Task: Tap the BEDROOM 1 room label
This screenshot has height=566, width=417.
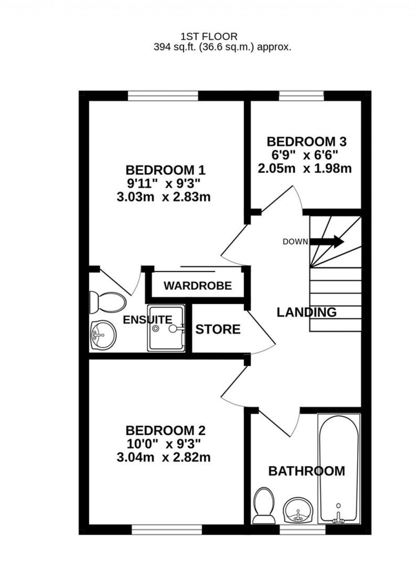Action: point(165,170)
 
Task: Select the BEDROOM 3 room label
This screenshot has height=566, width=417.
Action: point(306,142)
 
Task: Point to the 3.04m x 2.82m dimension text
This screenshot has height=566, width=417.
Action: point(163,457)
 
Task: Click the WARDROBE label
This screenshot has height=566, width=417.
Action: point(198,286)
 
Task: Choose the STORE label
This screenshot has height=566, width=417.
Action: point(218,329)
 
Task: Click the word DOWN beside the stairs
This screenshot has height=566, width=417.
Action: point(295,242)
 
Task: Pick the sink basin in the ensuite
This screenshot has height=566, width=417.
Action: point(103,335)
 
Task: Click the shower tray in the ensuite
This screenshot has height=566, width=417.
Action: point(166,328)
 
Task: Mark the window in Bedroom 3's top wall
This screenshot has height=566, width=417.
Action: point(301,96)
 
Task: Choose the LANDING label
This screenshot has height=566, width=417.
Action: point(307,312)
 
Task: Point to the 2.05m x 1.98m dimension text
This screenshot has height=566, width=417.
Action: point(305,168)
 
